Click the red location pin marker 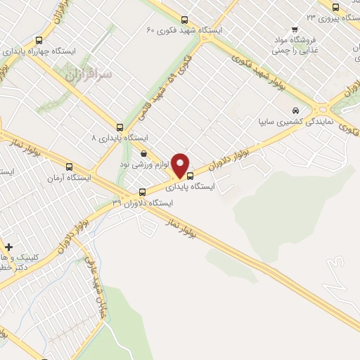[x=181, y=165]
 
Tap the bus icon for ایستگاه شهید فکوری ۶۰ [x=184, y=20]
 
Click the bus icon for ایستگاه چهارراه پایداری [x=38, y=40]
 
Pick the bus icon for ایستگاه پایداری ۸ [x=120, y=128]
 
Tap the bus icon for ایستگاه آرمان [x=69, y=167]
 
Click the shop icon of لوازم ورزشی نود [x=144, y=154]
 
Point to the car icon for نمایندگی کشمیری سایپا [x=296, y=110]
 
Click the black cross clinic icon [x=8, y=247]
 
